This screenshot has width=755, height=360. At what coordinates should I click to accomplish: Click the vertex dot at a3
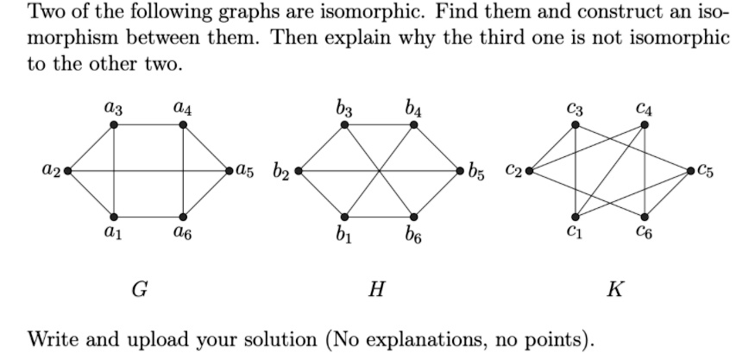[115, 125]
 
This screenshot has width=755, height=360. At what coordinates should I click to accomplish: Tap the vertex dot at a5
[229, 170]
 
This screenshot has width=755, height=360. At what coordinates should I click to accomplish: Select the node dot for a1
[115, 216]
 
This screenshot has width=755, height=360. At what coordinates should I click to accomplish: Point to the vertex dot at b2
[298, 170]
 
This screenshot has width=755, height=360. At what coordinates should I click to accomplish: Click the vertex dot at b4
[413, 125]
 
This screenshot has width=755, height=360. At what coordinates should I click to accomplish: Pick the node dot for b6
[413, 216]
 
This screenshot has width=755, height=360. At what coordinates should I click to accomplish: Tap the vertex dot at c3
[576, 125]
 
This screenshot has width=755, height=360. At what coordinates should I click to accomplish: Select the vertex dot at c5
[689, 170]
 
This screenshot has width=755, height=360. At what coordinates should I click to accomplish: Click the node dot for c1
[576, 216]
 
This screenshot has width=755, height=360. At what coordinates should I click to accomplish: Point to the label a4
[182, 108]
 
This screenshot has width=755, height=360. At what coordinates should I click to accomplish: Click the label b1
[344, 233]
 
